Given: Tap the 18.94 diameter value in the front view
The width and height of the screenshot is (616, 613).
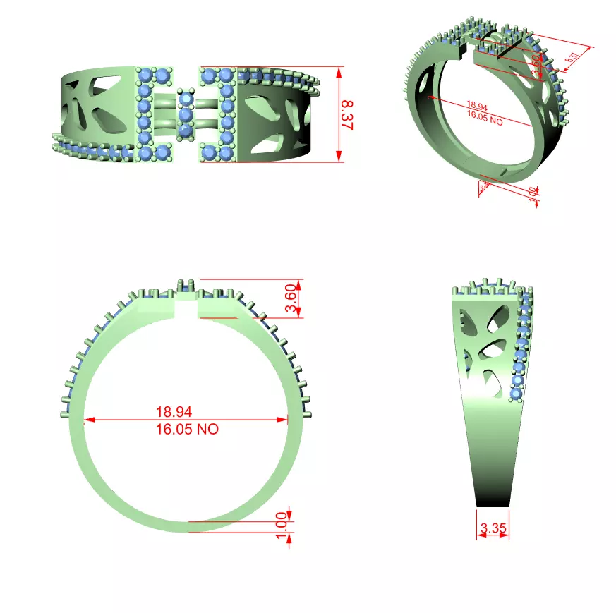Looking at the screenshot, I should click(174, 411).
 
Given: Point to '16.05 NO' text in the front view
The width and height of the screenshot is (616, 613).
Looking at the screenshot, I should click(187, 429).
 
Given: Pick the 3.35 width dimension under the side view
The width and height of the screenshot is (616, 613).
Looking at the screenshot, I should click(493, 528).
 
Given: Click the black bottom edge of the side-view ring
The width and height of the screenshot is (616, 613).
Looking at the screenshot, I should click(493, 505).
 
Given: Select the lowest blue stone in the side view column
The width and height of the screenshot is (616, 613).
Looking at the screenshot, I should click(517, 393).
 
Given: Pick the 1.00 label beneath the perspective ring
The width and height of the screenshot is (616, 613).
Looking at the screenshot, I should click(533, 193).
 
